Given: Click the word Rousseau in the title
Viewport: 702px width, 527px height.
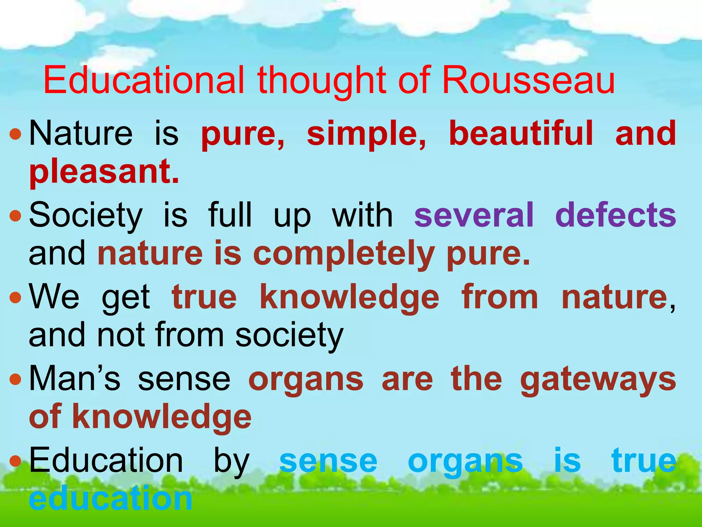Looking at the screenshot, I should pyautogui.click(x=528, y=81).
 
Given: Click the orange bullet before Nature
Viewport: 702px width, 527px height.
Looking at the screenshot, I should pyautogui.click(x=15, y=134).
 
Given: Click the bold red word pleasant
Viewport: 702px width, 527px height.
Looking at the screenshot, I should pyautogui.click(x=104, y=172).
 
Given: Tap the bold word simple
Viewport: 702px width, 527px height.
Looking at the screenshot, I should pyautogui.click(x=366, y=134).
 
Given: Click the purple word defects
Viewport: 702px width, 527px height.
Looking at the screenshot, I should pyautogui.click(x=615, y=215).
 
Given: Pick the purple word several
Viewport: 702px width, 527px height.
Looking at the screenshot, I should pyautogui.click(x=474, y=215).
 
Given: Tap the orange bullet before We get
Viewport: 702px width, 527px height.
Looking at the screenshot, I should pyautogui.click(x=15, y=297).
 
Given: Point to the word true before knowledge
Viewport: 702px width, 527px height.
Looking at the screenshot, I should pyautogui.click(x=204, y=297).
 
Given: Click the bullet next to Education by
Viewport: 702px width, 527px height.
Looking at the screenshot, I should pyautogui.click(x=15, y=461).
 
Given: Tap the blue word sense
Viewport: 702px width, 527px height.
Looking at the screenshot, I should pyautogui.click(x=328, y=461).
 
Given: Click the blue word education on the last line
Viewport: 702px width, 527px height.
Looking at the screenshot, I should pyautogui.click(x=110, y=499).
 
